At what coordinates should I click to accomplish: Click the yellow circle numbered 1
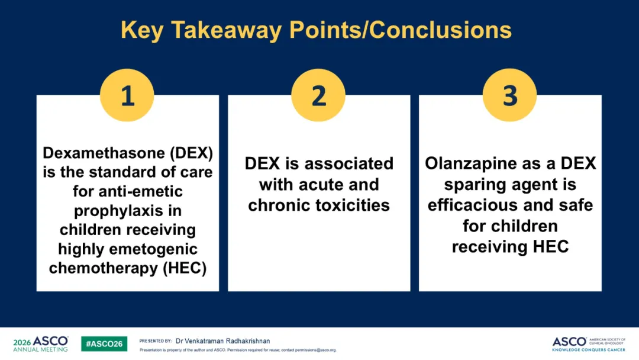(127, 95)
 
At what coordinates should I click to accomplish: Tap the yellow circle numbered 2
(318, 95)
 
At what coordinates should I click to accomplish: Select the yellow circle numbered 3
(509, 95)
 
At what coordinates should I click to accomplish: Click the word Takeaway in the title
(226, 30)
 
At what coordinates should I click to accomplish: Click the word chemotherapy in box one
(103, 268)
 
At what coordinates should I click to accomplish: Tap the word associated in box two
(349, 163)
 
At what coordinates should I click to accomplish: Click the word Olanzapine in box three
(470, 163)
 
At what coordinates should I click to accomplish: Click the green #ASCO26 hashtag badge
(104, 343)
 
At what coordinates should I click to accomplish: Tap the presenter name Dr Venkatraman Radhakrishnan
(222, 341)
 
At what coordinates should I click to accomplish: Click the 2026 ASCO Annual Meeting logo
(41, 343)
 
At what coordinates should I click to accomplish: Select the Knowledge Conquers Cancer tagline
(589, 350)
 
